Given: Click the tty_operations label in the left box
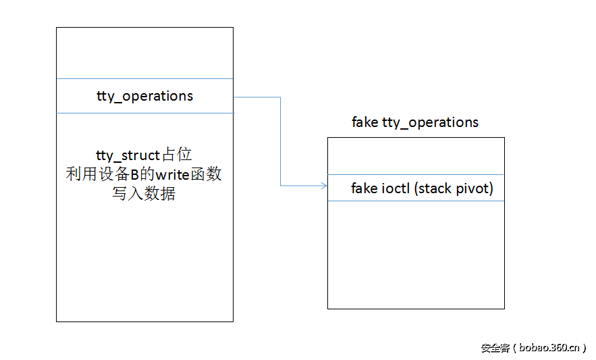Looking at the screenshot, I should (144, 96).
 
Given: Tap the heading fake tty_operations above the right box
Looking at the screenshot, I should (415, 122).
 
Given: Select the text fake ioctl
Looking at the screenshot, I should (381, 188).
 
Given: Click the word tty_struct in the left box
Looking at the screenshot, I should (128, 155).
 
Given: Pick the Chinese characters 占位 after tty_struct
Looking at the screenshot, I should (178, 155).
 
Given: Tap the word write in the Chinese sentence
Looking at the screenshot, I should (171, 175).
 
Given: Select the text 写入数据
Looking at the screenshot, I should (144, 195).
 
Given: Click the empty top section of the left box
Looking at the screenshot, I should (144, 53).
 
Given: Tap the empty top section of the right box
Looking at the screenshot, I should (416, 155).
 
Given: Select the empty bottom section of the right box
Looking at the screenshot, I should (416, 254).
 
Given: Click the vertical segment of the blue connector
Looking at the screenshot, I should (280, 142).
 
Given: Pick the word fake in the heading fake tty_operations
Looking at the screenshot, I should (365, 122).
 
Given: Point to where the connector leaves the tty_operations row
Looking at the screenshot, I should (235, 97).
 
